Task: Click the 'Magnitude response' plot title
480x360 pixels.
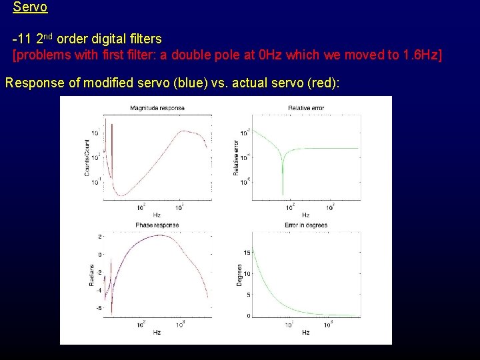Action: pyautogui.click(x=157, y=108)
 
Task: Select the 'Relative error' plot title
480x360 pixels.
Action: pyautogui.click(x=306, y=108)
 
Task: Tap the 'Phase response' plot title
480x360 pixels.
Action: pyautogui.click(x=157, y=225)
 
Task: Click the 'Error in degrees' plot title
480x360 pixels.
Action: pyautogui.click(x=306, y=225)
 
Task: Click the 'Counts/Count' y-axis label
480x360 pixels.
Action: pyautogui.click(x=87, y=158)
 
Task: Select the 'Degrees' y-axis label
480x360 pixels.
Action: pyautogui.click(x=240, y=275)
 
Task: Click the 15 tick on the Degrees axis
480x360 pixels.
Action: pyautogui.click(x=247, y=252)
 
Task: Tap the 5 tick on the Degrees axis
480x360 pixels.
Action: pyautogui.click(x=248, y=295)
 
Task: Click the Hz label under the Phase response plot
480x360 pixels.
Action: pyautogui.click(x=157, y=331)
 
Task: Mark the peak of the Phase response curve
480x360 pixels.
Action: pyautogui.click(x=157, y=235)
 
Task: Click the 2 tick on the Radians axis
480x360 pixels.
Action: pyautogui.click(x=100, y=237)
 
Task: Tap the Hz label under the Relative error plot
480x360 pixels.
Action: pyautogui.click(x=305, y=215)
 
